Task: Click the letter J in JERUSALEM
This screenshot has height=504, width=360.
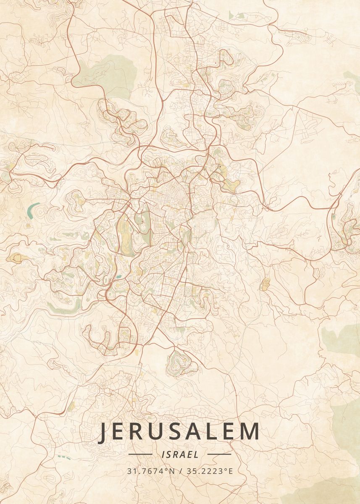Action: click(103, 432)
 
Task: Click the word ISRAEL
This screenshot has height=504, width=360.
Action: click(180, 454)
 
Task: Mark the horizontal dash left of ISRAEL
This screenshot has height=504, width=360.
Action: click(140, 454)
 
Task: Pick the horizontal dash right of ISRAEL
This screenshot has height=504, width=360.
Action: click(219, 454)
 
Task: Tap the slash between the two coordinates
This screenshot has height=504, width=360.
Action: click(180, 471)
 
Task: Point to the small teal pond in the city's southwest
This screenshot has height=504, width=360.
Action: click(119, 276)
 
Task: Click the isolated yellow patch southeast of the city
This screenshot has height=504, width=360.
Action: click(265, 284)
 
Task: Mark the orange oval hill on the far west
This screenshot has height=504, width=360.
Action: click(17, 257)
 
